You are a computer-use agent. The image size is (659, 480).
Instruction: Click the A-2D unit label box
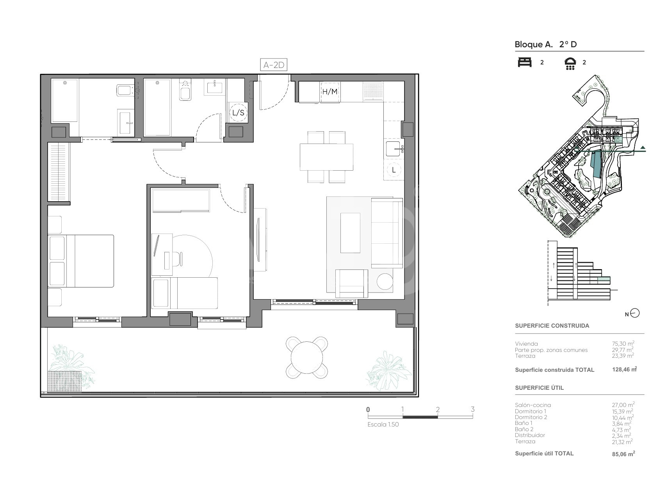coord(274,65)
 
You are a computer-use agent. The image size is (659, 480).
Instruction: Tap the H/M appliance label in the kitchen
coord(330,91)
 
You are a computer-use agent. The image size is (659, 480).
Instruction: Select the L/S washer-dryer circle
coord(238,112)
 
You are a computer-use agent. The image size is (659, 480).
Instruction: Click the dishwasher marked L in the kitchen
coord(394,170)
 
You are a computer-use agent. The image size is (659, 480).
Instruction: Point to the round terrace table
coord(307,358)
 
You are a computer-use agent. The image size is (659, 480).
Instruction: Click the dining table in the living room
coord(326,157)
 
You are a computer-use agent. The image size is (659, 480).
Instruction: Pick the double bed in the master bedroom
coord(81,261)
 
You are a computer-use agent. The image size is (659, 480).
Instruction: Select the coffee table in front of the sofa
coord(350,233)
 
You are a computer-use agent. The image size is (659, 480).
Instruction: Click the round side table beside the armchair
coord(385,282)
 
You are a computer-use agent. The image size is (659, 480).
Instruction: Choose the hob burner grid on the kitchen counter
coord(373,91)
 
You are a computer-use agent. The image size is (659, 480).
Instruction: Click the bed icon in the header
coord(525,62)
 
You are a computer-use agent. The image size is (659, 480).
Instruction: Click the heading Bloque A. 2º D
coord(546,45)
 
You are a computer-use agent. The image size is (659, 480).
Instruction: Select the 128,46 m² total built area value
coord(625,369)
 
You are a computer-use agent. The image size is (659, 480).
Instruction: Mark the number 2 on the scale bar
coord(438,409)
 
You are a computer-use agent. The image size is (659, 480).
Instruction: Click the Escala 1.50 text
coord(383,425)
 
